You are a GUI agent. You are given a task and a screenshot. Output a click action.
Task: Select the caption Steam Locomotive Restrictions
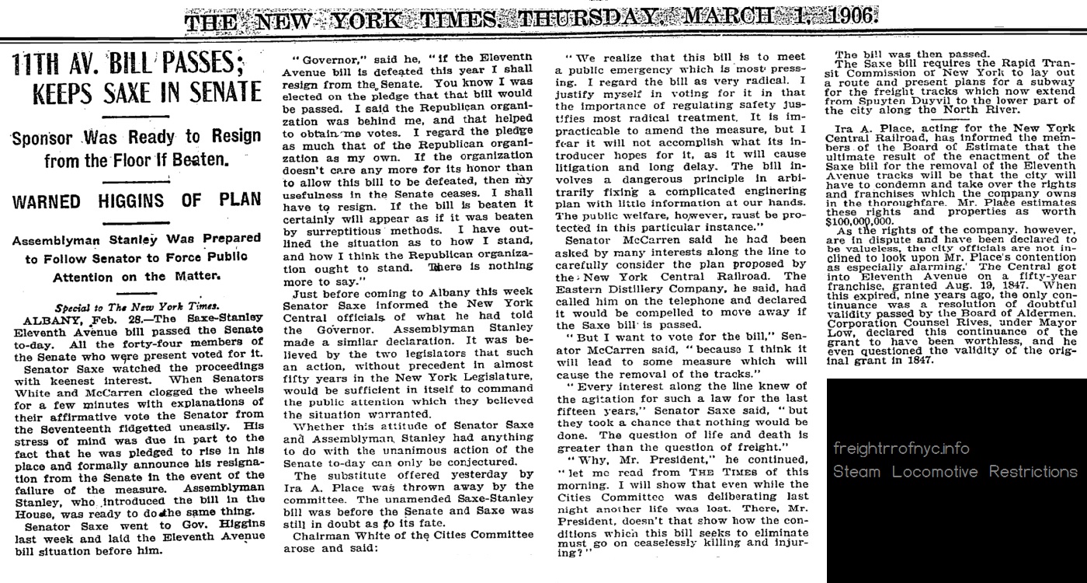coord(955,473)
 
